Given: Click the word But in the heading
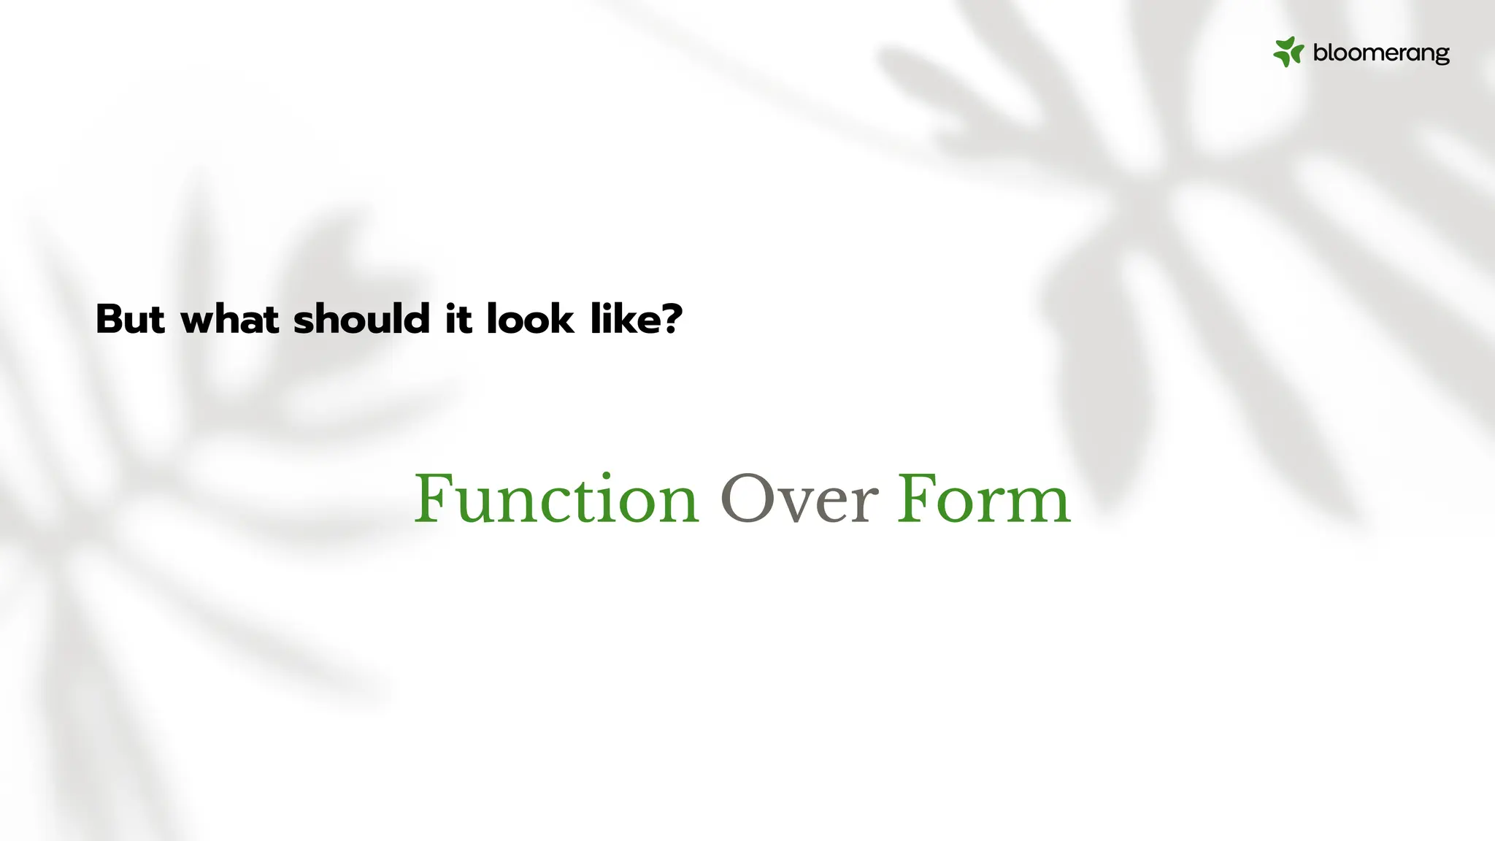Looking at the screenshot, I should pyautogui.click(x=131, y=320).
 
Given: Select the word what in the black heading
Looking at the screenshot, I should pyautogui.click(x=229, y=320).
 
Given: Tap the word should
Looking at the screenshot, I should pyautogui.click(x=361, y=320).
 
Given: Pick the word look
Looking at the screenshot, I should pyautogui.click(x=530, y=320).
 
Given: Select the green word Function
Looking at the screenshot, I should pyautogui.click(x=556, y=500).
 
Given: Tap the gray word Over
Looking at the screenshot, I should pyautogui.click(x=799, y=500).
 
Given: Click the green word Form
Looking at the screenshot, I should pyautogui.click(x=983, y=500).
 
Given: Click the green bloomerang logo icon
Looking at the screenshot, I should pyautogui.click(x=1288, y=53).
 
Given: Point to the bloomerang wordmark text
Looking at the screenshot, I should pyautogui.click(x=1381, y=53).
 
